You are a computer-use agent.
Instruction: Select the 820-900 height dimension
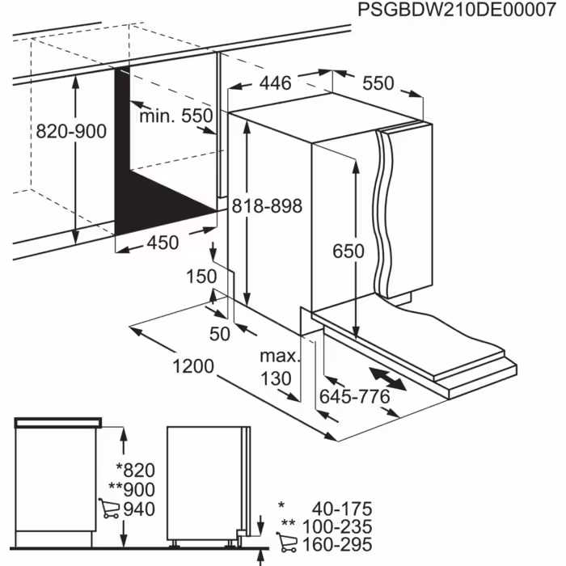tap(71, 132)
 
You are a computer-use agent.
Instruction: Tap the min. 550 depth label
tap(175, 116)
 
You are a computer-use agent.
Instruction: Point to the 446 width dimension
tap(276, 82)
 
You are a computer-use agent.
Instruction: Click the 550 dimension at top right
tap(378, 82)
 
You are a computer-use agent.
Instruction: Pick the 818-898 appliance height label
tap(267, 206)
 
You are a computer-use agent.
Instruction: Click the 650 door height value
tap(348, 251)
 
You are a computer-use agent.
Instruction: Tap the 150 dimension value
tap(201, 277)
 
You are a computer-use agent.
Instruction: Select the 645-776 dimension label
tap(355, 396)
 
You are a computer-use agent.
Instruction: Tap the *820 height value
tap(135, 471)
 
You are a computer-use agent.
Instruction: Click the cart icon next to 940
tap(109, 509)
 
